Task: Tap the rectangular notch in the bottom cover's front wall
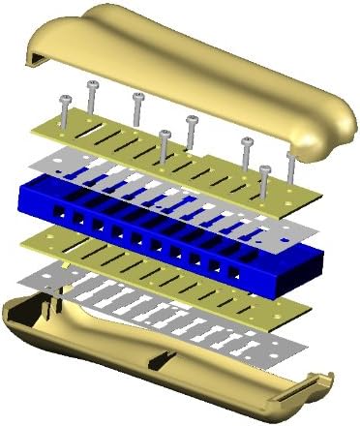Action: point(156,364)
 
